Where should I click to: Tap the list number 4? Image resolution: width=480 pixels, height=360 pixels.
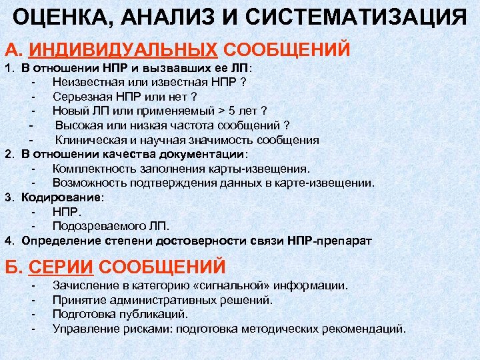(x=9, y=240)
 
